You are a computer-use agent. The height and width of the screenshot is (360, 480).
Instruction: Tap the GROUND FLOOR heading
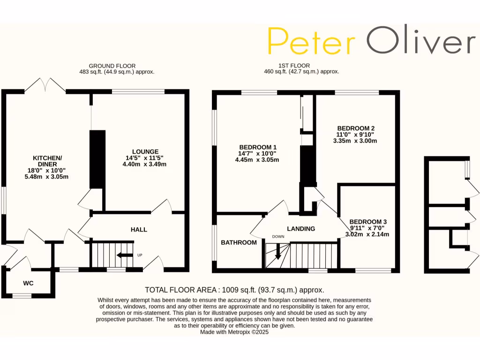112,66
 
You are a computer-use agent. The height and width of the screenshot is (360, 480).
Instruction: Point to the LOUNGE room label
145,151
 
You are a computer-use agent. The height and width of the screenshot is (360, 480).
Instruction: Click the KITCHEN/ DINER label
47,161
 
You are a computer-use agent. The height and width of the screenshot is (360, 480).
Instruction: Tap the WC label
29,284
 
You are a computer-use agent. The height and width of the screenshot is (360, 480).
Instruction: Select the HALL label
139,230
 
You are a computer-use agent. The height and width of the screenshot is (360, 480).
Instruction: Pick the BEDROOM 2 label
356,127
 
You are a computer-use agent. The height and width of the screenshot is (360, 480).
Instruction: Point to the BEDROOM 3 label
368,222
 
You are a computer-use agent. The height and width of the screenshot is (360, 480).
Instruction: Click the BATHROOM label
239,242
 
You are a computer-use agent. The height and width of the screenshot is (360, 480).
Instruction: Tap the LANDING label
301,229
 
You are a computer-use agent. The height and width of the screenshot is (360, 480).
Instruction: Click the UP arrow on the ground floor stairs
124,255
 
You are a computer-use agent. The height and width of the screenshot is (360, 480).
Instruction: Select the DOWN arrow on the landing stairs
278,252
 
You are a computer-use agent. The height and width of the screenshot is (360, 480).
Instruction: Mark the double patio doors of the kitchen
45,86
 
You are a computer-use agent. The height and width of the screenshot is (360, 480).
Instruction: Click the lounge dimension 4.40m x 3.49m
145,164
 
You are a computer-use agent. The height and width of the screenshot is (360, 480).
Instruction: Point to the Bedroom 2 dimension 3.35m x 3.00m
356,141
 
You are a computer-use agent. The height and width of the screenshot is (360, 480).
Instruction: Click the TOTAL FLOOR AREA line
234,290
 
